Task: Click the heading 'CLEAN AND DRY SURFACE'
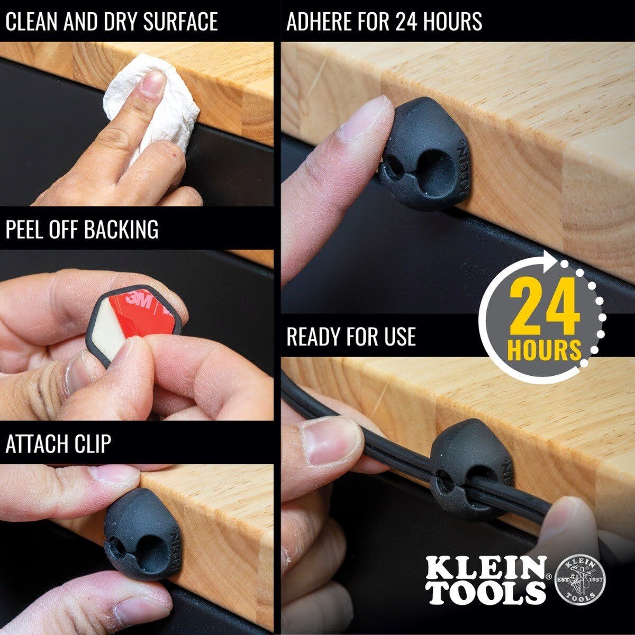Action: point(111,21)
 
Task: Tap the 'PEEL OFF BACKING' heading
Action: point(82,229)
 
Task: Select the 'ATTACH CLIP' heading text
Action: point(58,443)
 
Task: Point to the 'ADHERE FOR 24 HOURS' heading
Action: point(384,21)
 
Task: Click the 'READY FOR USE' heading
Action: point(351,337)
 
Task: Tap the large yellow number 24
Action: point(545,311)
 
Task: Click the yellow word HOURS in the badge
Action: point(545,350)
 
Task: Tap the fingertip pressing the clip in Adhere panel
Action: point(370,119)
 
